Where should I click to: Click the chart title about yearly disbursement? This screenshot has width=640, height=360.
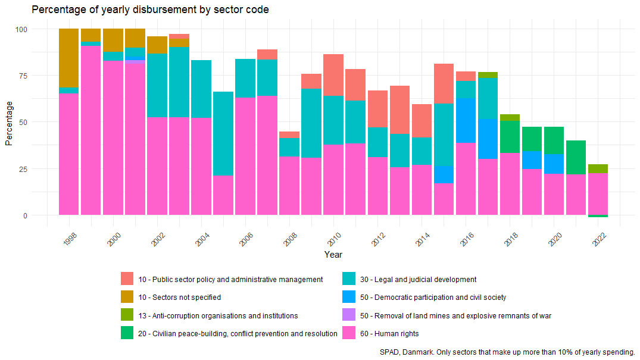[x=150, y=10]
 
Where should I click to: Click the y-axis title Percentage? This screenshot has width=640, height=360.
[x=8, y=122]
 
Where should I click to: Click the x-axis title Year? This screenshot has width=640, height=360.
[x=333, y=255]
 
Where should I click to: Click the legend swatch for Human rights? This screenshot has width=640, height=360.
[x=349, y=333]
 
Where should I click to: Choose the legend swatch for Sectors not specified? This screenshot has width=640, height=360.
[x=127, y=297]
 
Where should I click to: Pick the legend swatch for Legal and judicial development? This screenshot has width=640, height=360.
[x=349, y=279]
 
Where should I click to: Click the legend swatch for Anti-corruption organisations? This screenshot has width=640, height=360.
[x=127, y=315]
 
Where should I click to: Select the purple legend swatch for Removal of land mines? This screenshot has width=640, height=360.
[x=349, y=315]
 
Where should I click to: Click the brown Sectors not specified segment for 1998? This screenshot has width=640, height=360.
[x=68, y=58]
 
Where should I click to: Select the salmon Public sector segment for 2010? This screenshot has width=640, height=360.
[x=333, y=75]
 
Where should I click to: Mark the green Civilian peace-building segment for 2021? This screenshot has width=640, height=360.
[x=576, y=157]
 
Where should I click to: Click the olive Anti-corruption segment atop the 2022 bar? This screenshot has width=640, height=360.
[x=598, y=168]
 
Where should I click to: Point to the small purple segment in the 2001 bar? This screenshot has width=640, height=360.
[x=135, y=62]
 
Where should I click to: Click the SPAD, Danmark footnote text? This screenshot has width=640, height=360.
[x=507, y=352]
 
